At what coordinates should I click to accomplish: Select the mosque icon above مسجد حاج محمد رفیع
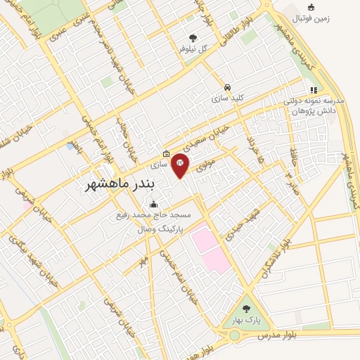[155, 205]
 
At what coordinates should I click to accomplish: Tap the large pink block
[210, 247]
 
